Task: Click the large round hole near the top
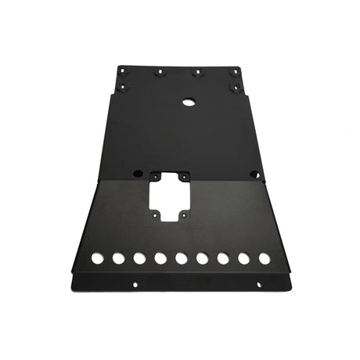[x=188, y=102]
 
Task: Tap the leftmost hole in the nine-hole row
[x=97, y=257]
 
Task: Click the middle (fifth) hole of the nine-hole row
[x=181, y=257]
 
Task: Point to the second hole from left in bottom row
[x=118, y=257]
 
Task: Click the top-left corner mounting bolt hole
[x=122, y=73]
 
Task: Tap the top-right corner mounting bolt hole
[x=234, y=73]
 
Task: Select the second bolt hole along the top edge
[x=160, y=73]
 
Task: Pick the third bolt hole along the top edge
[x=197, y=73]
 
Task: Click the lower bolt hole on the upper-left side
[x=121, y=88]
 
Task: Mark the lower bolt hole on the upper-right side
[x=235, y=88]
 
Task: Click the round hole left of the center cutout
[x=137, y=172]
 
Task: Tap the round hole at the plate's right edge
[x=254, y=174]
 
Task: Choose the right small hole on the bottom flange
[x=227, y=284]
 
